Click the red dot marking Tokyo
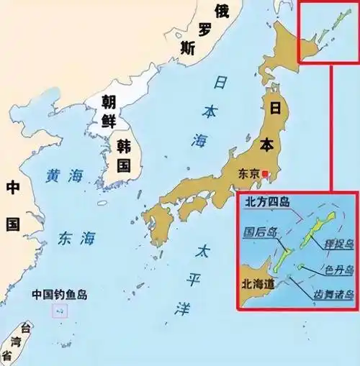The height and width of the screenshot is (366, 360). [266, 174]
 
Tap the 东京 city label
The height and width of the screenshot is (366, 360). [249, 175]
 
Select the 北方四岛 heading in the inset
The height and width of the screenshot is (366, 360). [267, 202]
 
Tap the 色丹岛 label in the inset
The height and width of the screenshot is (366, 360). [336, 269]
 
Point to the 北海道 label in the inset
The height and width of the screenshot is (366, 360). [258, 284]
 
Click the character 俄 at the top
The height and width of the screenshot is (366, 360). [222, 10]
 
